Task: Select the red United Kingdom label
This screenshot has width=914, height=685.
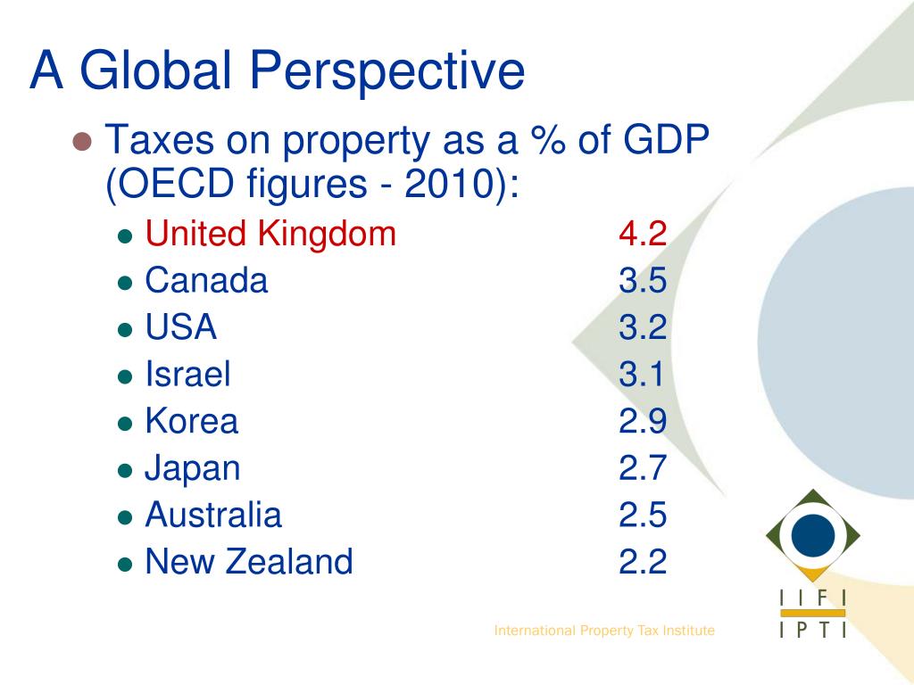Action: point(270,235)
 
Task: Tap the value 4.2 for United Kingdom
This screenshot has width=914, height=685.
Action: point(643,235)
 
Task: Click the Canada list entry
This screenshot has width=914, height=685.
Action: point(206,281)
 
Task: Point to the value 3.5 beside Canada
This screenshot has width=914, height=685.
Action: point(643,281)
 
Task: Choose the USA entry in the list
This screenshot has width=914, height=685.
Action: point(181,328)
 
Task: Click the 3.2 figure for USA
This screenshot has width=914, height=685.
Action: point(643,328)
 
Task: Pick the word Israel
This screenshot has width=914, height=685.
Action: point(187,375)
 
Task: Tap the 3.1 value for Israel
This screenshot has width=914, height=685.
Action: point(642,375)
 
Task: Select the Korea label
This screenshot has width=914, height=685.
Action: point(192,422)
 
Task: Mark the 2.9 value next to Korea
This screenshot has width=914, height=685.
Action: point(643,422)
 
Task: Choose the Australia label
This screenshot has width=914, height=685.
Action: point(213,516)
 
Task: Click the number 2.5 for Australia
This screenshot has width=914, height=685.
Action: point(643,516)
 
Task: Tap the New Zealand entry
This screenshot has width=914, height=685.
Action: point(249,562)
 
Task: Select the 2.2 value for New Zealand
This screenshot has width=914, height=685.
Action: point(643,562)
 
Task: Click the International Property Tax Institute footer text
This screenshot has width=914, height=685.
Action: point(604,631)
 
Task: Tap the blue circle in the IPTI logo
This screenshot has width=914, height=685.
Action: point(813,534)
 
